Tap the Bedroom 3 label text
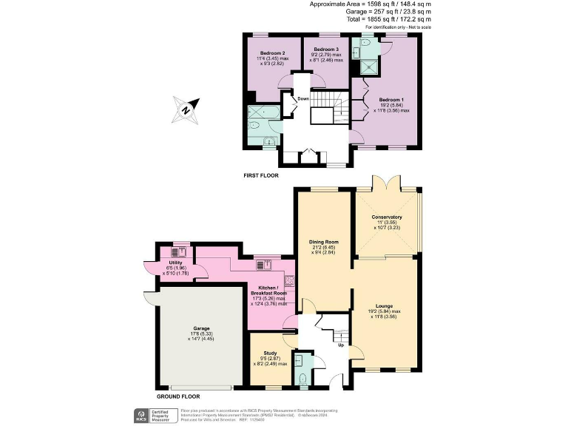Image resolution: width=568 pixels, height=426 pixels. [326, 50]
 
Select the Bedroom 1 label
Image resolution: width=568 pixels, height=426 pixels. [392, 99]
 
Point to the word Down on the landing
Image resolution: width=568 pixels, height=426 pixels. [303, 98]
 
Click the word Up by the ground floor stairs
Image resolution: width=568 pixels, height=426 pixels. [340, 345]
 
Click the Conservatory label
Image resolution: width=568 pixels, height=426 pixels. [387, 217]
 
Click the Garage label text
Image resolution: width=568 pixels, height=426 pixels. [202, 328]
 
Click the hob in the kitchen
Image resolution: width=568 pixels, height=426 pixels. [291, 280]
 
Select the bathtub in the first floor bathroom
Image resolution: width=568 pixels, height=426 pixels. [263, 114]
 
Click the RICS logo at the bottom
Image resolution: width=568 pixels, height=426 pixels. [139, 414]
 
